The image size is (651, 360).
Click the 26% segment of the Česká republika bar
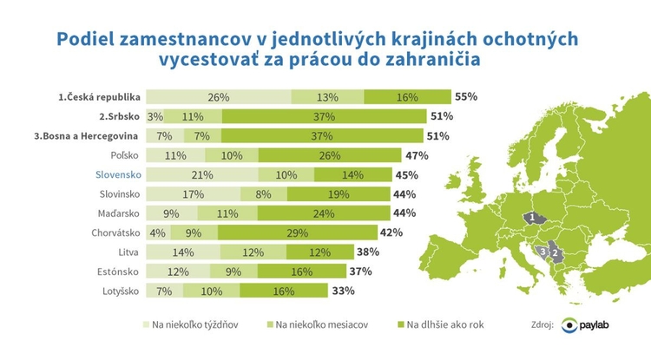pos(218,96)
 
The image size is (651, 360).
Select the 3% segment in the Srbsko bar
pos(155,116)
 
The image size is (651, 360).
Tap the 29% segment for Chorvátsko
pos(297,232)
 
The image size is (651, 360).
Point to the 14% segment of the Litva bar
pos(182,252)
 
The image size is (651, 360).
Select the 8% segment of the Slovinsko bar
pos(263,193)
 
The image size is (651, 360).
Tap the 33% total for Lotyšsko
pos(342,291)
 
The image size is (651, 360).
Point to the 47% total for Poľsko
pos(418,155)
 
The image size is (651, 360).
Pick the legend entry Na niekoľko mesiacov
pos(321,325)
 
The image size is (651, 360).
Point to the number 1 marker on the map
pos(529,218)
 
